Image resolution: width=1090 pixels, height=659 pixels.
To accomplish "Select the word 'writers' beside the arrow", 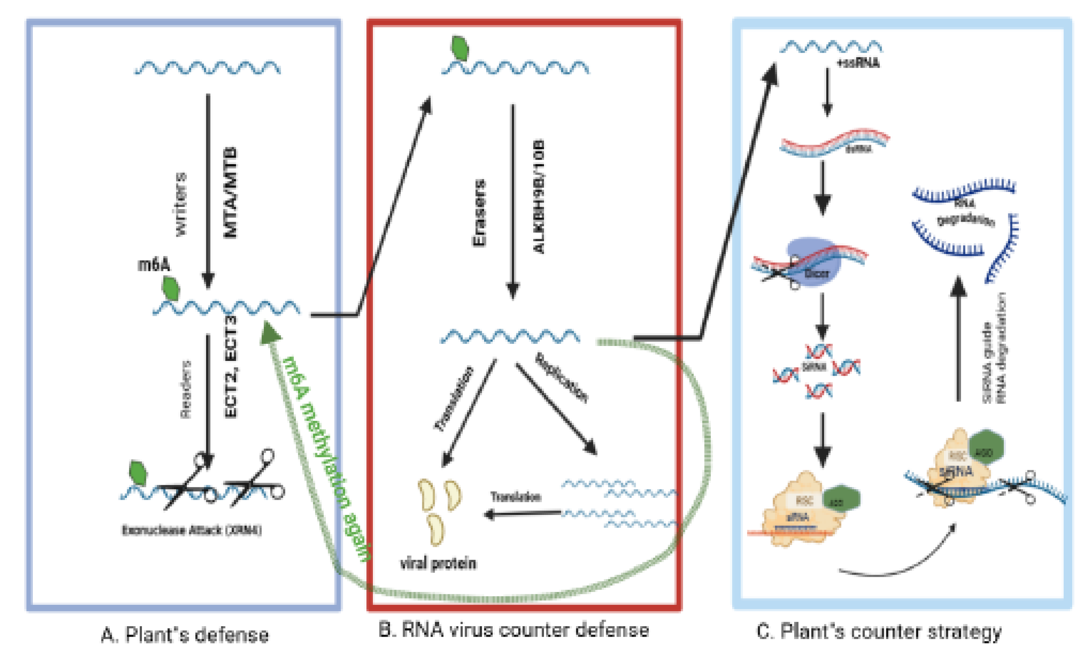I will point(181,204).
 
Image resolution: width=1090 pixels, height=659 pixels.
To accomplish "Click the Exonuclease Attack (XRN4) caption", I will point(192,530).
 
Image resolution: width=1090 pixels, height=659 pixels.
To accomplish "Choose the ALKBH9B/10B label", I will point(538,197).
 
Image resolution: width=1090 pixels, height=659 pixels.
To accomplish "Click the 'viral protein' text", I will point(438,564).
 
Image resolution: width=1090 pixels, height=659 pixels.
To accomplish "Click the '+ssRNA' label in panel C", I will point(858,63).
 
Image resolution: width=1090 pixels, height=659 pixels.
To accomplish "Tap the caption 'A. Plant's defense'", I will point(185,635).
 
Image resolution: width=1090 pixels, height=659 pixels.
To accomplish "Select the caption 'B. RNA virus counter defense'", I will point(514,630).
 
